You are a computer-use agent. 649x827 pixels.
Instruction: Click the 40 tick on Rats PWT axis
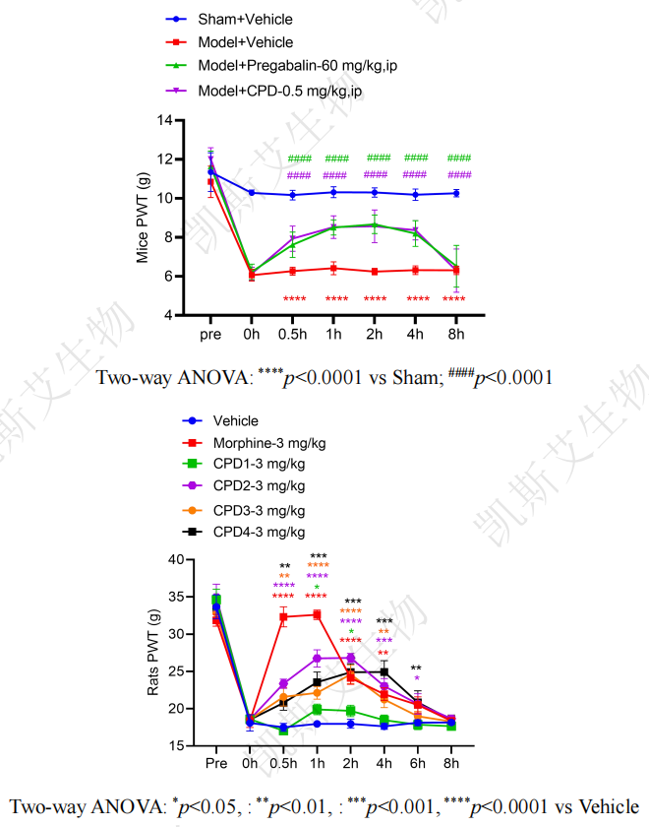178,559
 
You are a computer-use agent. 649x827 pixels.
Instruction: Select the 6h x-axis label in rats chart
417,763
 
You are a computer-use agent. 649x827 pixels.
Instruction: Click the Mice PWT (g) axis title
143,217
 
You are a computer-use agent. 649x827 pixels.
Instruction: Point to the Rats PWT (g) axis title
154,652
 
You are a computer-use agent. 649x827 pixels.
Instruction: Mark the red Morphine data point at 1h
317,614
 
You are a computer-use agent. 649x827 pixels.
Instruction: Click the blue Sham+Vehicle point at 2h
375,192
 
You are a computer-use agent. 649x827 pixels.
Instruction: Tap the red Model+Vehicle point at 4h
416,270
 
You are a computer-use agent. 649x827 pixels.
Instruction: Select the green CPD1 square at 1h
317,709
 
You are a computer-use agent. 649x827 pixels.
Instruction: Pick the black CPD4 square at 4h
383,671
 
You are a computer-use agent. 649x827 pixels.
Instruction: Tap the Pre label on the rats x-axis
215,763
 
